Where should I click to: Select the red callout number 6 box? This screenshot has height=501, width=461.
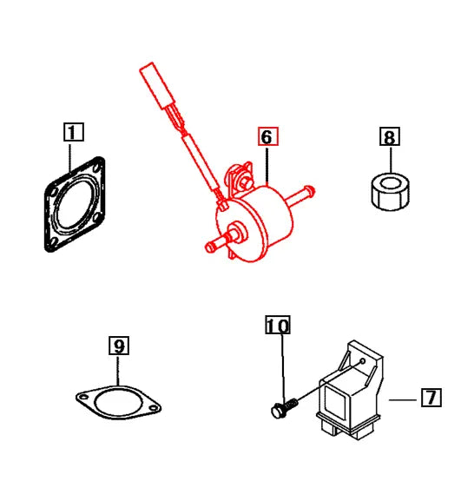pyautogui.click(x=267, y=136)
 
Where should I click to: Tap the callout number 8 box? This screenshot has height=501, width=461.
pyautogui.click(x=389, y=136)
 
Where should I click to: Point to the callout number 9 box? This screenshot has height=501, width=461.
pyautogui.click(x=119, y=346)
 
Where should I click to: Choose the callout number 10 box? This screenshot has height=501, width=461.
pyautogui.click(x=278, y=326)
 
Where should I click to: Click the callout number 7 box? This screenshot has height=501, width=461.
pyautogui.click(x=431, y=399)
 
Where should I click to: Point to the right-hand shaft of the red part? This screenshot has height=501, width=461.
pyautogui.click(x=303, y=195)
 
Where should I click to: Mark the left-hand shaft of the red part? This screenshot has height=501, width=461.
pyautogui.click(x=217, y=245)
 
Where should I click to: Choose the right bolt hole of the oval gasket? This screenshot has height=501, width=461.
pyautogui.click(x=154, y=405)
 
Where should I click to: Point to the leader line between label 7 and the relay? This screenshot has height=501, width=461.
pyautogui.click(x=401, y=399)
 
